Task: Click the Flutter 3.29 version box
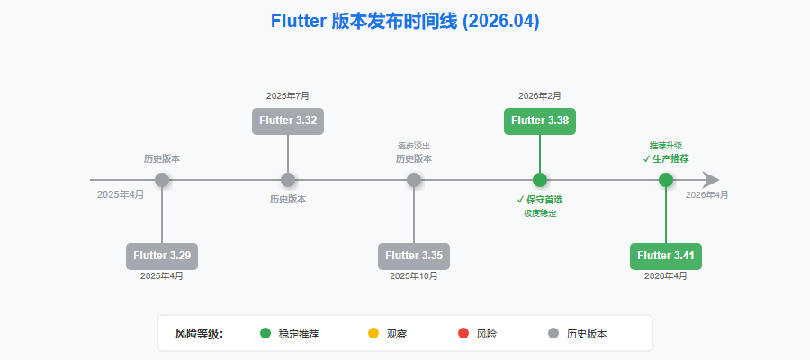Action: pyautogui.click(x=162, y=256)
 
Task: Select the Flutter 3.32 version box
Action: pyautogui.click(x=288, y=121)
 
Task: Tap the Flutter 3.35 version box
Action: pyautogui.click(x=414, y=256)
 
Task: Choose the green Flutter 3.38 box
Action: pyautogui.click(x=540, y=121)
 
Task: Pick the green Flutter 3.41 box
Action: pyautogui.click(x=666, y=256)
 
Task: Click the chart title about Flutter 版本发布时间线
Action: pyautogui.click(x=405, y=21)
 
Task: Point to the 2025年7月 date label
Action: pyautogui.click(x=288, y=95)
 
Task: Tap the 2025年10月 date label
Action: pyautogui.click(x=414, y=276)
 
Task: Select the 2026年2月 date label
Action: pyautogui.click(x=540, y=95)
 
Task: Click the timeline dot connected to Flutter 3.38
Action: pyautogui.click(x=540, y=180)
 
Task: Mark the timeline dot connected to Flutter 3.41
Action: pyautogui.click(x=666, y=180)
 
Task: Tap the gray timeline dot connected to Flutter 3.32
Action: pyautogui.click(x=288, y=180)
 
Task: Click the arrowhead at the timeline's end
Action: pyautogui.click(x=711, y=180)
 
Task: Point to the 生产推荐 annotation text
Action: pyautogui.click(x=670, y=158)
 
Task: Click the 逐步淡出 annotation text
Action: pyautogui.click(x=414, y=146)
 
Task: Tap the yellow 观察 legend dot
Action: pyautogui.click(x=373, y=333)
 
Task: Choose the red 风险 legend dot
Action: pyautogui.click(x=463, y=333)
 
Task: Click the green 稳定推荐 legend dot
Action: pyautogui.click(x=265, y=333)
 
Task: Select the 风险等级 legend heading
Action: pyautogui.click(x=199, y=334)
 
